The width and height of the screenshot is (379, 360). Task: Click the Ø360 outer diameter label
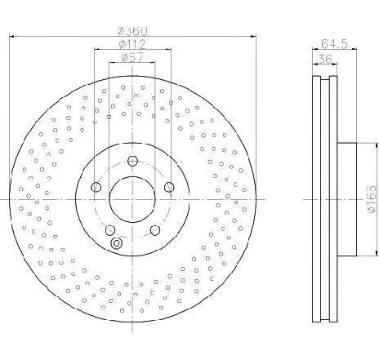point(133,31)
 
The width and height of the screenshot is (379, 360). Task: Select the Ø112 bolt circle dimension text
point(133,44)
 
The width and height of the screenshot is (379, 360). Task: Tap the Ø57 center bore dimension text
point(132,58)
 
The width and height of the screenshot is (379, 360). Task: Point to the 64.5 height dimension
point(334,43)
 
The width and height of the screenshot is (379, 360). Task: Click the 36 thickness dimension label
point(325,59)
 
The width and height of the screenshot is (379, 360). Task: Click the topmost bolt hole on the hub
point(132,161)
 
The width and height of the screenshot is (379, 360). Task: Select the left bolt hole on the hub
point(96,187)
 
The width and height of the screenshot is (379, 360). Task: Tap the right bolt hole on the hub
point(169,187)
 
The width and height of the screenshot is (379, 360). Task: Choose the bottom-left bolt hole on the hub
point(110,230)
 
